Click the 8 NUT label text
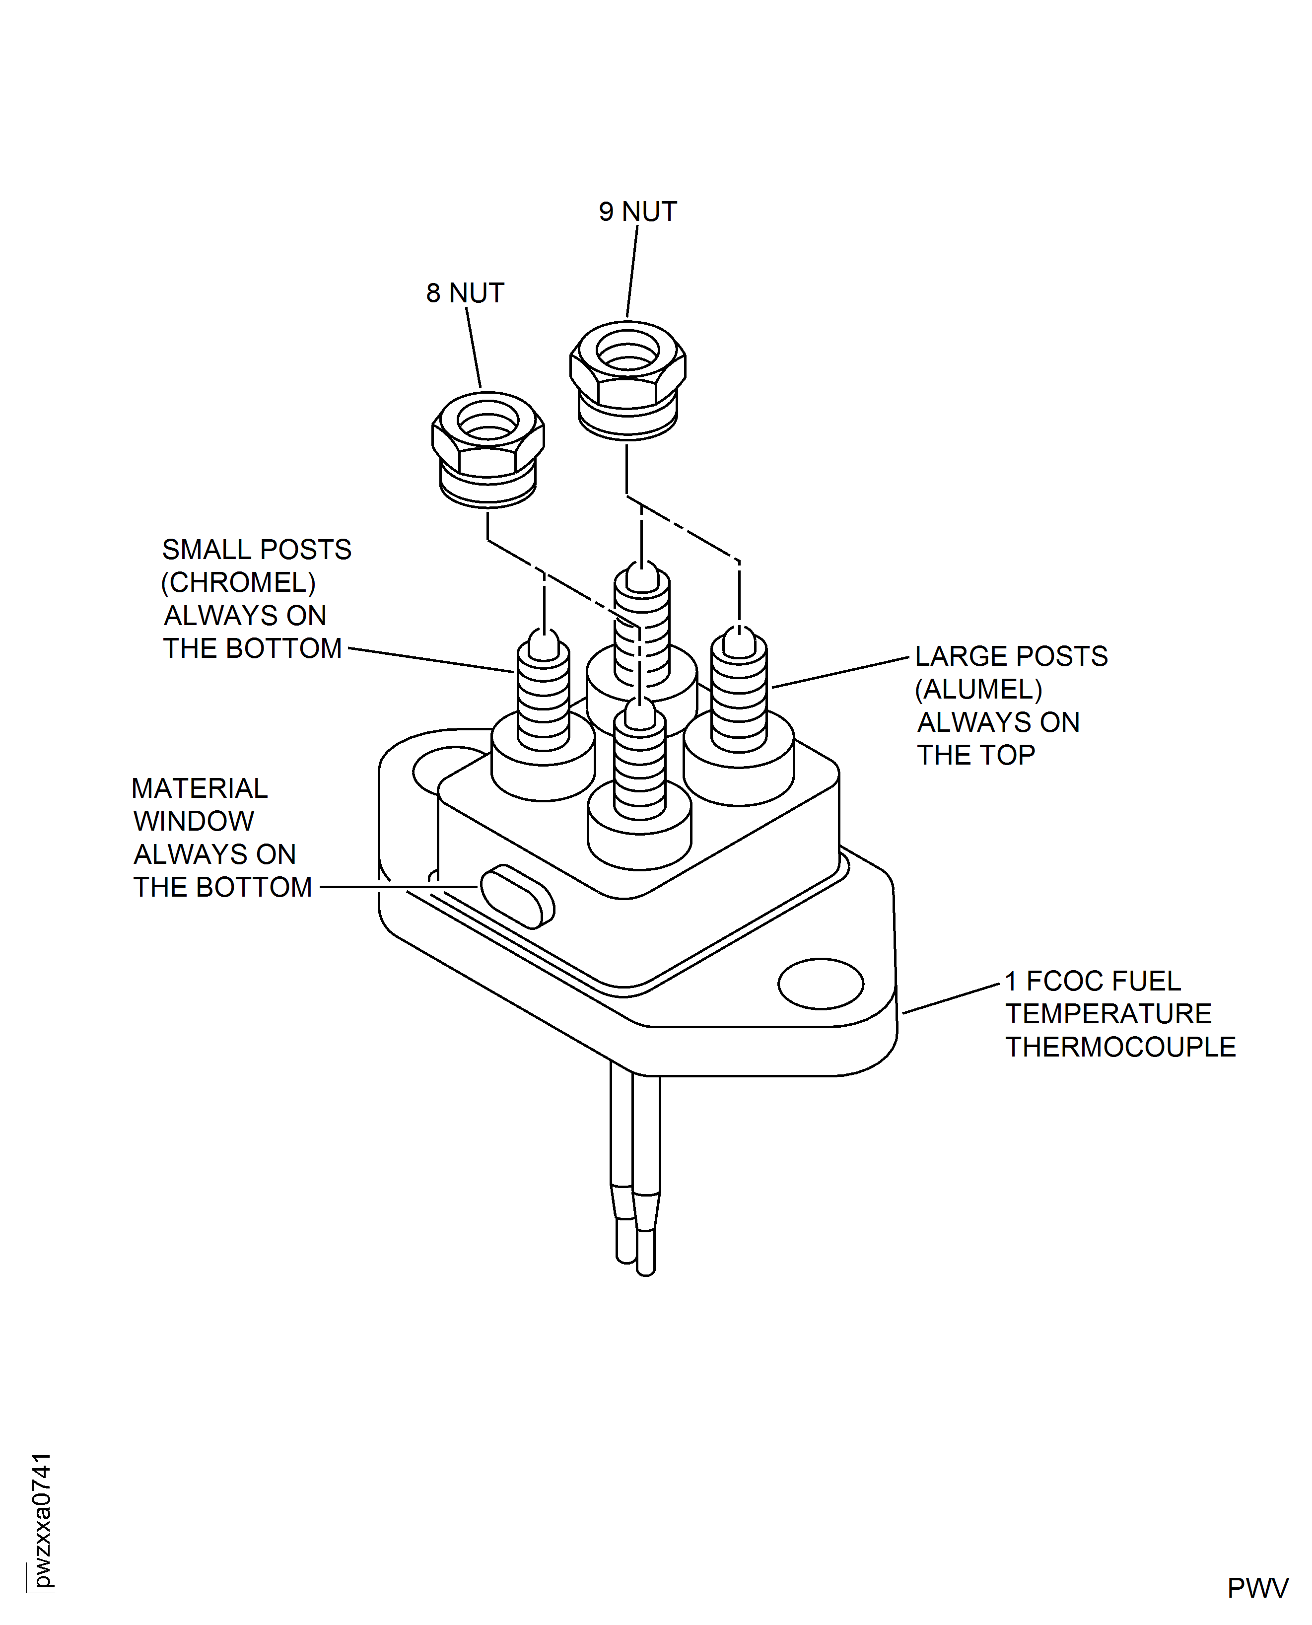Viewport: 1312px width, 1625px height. pyautogui.click(x=465, y=293)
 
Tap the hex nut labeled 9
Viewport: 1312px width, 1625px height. pyautogui.click(x=627, y=378)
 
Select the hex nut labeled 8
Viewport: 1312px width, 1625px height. pyautogui.click(x=488, y=447)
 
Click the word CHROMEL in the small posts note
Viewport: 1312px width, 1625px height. pyautogui.click(x=238, y=583)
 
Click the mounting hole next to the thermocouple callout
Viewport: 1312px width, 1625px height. pyautogui.click(x=820, y=984)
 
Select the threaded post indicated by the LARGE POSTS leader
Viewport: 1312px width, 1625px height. pyautogui.click(x=739, y=696)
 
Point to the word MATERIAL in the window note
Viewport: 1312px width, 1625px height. pyautogui.click(x=200, y=788)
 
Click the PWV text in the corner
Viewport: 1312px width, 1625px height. pyautogui.click(x=1257, y=1588)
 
